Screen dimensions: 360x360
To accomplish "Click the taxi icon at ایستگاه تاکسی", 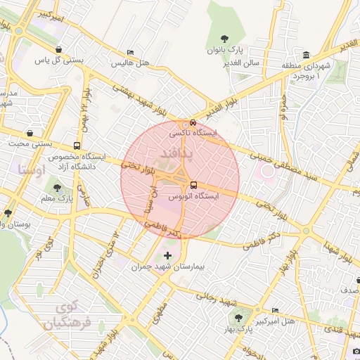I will point(184,124).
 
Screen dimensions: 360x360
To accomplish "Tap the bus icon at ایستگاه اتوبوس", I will point(194,185).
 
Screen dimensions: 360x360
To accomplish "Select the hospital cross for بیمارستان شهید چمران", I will point(167,255).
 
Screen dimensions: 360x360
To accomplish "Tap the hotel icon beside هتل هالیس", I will point(130,53).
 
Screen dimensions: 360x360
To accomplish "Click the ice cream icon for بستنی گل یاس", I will point(58,49).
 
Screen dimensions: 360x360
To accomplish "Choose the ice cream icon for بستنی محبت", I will point(30,132).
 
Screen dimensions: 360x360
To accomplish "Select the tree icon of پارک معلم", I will point(57,188).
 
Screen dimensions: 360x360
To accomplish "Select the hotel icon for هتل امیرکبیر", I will point(274,310).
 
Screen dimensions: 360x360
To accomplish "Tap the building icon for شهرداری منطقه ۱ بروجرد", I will point(307,56).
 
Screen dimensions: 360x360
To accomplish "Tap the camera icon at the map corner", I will point(356,352).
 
